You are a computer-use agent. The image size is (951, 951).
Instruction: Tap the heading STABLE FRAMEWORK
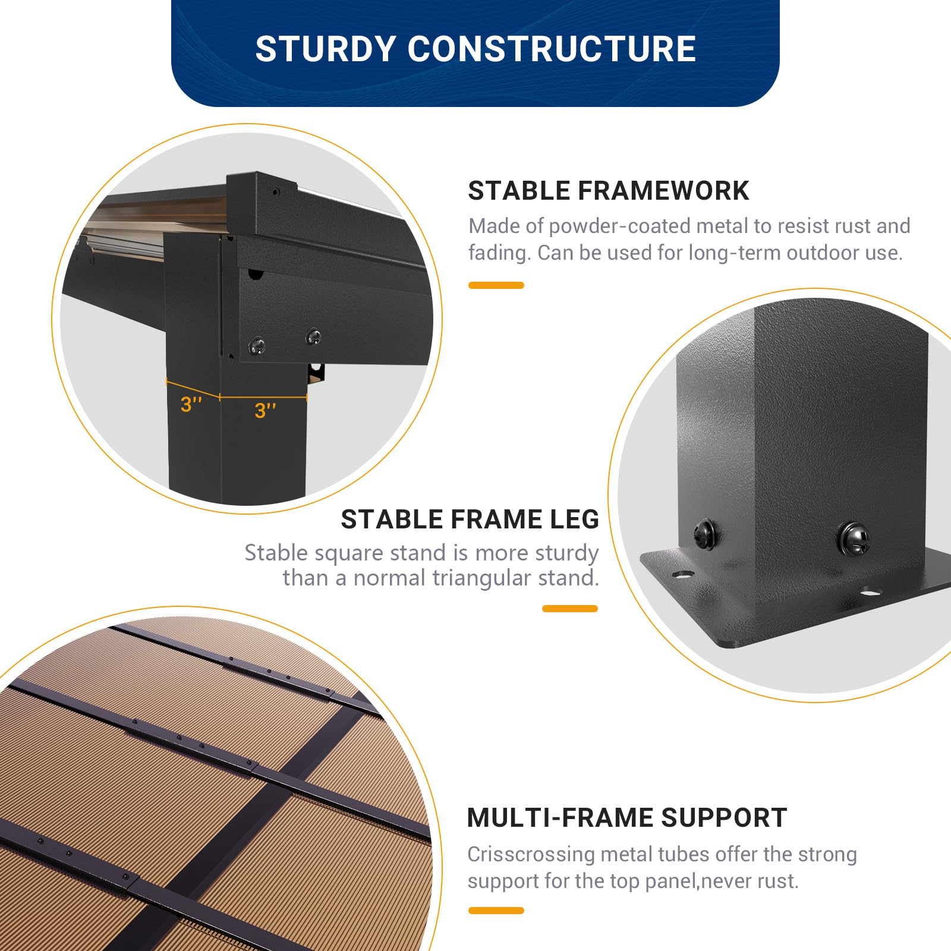608,191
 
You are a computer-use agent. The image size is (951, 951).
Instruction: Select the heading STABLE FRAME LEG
470,519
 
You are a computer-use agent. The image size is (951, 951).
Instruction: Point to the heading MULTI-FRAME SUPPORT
626,818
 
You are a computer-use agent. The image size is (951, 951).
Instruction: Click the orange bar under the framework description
496,285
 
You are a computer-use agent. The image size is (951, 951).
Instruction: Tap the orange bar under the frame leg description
570,609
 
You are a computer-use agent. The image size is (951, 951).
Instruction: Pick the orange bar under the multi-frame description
496,911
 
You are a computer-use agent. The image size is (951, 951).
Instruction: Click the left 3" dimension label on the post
191,404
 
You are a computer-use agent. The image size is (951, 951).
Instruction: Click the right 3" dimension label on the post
265,410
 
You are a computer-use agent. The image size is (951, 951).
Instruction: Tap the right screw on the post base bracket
854,538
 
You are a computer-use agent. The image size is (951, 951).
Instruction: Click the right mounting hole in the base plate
870,592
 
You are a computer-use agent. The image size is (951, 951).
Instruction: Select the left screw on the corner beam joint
257,345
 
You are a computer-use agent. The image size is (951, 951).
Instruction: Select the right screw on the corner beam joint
313,336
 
